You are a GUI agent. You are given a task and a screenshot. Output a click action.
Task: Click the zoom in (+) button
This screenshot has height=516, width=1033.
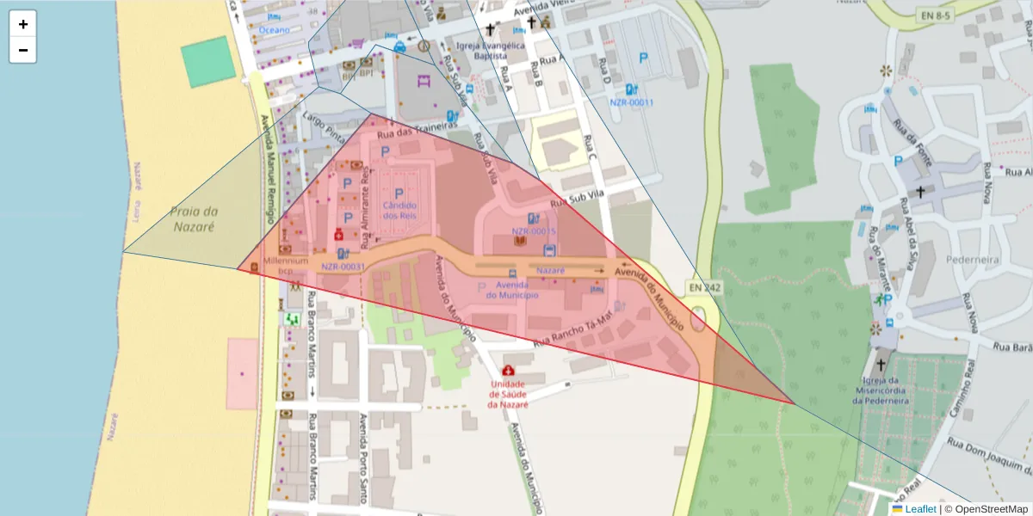(x=22, y=24)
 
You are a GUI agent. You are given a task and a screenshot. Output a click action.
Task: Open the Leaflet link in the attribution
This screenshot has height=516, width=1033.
(x=919, y=508)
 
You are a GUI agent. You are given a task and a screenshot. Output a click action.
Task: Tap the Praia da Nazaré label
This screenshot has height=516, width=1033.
(x=192, y=219)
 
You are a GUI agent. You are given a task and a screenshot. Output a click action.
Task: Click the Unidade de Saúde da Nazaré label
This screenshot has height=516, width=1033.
(x=507, y=394)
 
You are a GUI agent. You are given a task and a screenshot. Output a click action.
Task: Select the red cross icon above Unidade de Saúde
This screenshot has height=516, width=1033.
(x=507, y=371)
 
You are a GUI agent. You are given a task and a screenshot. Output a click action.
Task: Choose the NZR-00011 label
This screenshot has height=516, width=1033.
(x=632, y=102)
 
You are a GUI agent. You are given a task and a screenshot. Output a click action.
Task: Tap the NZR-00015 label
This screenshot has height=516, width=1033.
(x=534, y=231)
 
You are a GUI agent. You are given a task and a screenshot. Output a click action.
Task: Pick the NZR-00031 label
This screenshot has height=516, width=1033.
(x=343, y=267)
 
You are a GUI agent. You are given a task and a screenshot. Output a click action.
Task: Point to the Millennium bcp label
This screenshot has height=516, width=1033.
(x=286, y=265)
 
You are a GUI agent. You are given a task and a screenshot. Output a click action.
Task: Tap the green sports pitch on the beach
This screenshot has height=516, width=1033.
(x=207, y=62)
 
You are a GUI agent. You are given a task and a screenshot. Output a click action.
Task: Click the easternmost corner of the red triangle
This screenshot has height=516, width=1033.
(x=794, y=402)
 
